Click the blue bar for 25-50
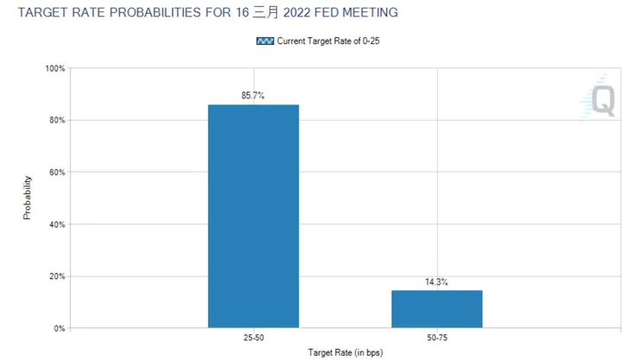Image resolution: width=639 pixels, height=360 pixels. (x=253, y=216)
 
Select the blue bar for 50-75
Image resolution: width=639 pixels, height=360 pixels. (x=437, y=308)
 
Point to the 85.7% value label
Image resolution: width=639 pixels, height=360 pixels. (x=253, y=96)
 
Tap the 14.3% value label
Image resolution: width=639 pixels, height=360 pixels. (x=437, y=281)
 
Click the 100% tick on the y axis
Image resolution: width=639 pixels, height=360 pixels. (x=54, y=68)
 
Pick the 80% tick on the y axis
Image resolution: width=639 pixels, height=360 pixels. (x=56, y=120)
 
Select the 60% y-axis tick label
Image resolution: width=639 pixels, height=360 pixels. (x=56, y=173)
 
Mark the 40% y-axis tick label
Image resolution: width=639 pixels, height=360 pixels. (x=56, y=224)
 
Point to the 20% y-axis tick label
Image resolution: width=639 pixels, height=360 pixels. (x=56, y=276)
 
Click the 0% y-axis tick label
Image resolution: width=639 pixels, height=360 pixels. (x=59, y=329)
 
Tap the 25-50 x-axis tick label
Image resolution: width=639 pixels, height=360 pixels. (x=253, y=338)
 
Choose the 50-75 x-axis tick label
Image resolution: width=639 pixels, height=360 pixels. (x=437, y=338)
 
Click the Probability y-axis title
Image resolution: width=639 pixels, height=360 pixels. (x=28, y=198)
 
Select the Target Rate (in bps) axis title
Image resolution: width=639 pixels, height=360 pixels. (x=345, y=352)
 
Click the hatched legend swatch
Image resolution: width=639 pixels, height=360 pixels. (x=265, y=41)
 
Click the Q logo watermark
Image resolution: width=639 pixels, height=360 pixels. (x=599, y=99)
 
